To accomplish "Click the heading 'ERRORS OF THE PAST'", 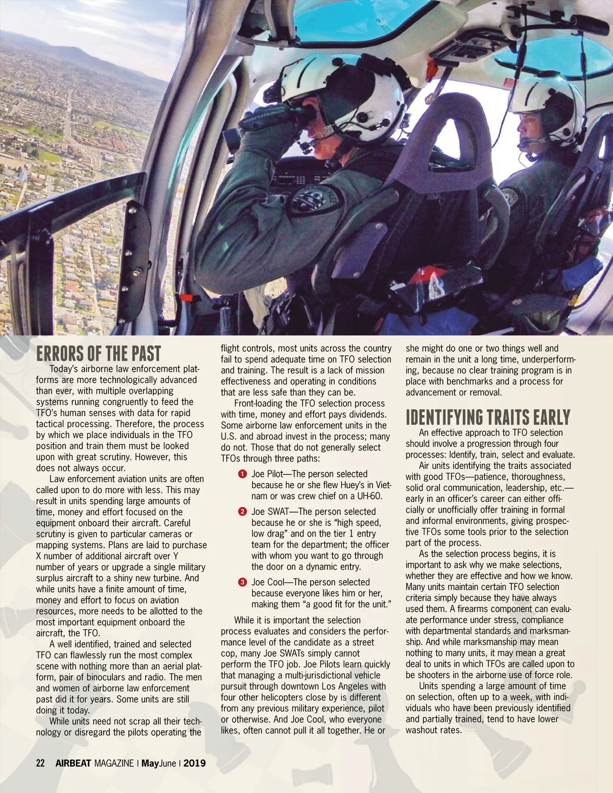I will point(99,353).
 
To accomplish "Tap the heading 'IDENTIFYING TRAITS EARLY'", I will point(488,417).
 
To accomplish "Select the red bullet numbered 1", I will point(243,474).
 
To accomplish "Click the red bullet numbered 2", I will point(243,512).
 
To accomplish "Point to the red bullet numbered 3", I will point(243,582).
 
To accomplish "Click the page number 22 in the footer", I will point(40,763).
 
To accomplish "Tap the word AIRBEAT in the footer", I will point(73,763).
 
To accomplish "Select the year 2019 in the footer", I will point(195,763).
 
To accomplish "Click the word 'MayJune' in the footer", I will point(158,763).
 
